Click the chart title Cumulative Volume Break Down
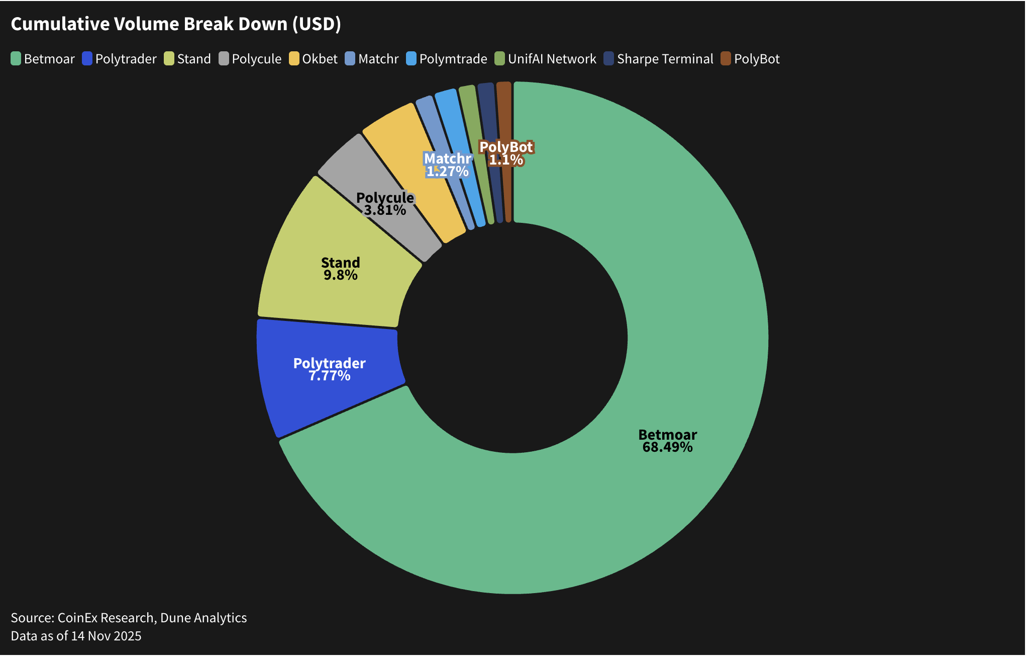pyautogui.click(x=176, y=24)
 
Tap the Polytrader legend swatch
pyautogui.click(x=87, y=59)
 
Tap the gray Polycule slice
pyautogui.click(x=352, y=166)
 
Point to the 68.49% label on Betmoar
pyautogui.click(x=667, y=447)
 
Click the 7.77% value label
pyautogui.click(x=329, y=376)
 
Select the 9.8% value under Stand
pyautogui.click(x=340, y=275)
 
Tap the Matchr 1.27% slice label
pyautogui.click(x=447, y=165)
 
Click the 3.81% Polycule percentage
pyautogui.click(x=385, y=210)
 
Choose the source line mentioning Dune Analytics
pyautogui.click(x=129, y=618)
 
